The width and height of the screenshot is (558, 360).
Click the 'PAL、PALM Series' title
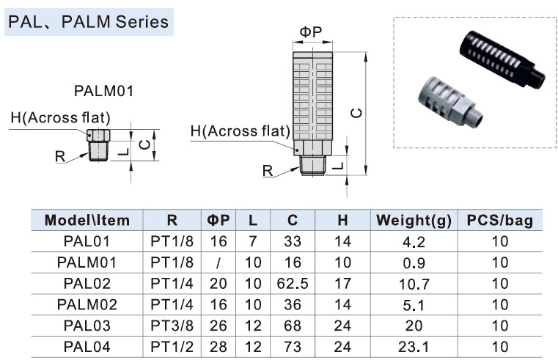[x=88, y=21]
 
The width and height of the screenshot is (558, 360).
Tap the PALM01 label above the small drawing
[x=103, y=92]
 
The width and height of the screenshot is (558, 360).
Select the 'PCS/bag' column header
[x=500, y=220]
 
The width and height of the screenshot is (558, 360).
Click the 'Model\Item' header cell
[x=87, y=220]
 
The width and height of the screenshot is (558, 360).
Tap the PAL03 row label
[x=87, y=326]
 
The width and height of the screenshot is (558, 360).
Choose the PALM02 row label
[x=87, y=304]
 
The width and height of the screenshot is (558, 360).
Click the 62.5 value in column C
[x=293, y=283]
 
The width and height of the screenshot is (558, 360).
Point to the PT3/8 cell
[x=172, y=326]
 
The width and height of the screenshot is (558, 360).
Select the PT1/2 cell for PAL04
[x=172, y=347]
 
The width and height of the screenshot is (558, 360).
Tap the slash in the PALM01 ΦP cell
[x=219, y=262]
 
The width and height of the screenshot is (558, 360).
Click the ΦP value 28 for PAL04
[x=219, y=347]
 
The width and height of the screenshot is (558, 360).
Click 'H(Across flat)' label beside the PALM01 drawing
[x=60, y=117]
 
